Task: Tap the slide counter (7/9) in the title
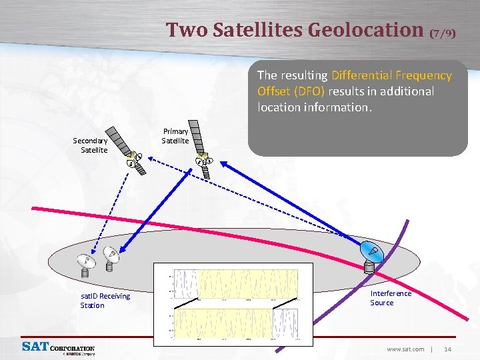[443, 33]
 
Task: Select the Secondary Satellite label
[90, 145]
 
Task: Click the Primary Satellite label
[175, 136]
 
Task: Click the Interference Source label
[391, 298]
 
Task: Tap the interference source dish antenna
[371, 257]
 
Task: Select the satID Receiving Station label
[105, 301]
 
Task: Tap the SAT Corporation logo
[59, 348]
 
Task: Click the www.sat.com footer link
[405, 349]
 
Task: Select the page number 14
[448, 349]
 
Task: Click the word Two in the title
[182, 30]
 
